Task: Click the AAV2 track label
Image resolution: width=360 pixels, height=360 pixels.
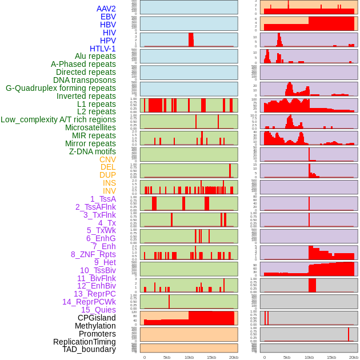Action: click(106, 9)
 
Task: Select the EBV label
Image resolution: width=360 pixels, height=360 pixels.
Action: click(108, 17)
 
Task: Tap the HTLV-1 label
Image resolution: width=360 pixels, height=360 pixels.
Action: click(102, 49)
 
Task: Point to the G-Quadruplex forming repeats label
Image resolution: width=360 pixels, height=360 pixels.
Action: click(61, 88)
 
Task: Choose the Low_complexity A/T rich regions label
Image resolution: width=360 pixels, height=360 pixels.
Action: click(58, 119)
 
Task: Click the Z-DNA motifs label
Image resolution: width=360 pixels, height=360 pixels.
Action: click(92, 151)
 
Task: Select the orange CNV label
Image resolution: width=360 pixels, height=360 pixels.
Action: click(107, 159)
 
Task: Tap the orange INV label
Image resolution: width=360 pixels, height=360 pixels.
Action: click(109, 191)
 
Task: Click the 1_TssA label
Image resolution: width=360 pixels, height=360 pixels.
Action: click(103, 199)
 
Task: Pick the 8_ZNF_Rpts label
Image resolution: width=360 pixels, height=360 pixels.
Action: click(93, 254)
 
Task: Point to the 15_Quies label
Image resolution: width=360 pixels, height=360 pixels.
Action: click(98, 310)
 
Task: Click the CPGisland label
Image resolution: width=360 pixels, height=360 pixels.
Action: click(97, 318)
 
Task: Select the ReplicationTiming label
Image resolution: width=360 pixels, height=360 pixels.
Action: click(84, 342)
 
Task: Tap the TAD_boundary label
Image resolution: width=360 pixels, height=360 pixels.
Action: click(89, 349)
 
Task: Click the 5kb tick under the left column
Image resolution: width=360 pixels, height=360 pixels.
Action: click(167, 357)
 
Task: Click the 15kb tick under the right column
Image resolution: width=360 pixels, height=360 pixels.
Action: click(331, 357)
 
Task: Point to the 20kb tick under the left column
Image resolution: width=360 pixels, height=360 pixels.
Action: click(234, 357)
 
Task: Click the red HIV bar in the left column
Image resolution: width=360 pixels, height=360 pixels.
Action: click(191, 39)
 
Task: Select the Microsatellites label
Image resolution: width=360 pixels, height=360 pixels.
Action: click(90, 127)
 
